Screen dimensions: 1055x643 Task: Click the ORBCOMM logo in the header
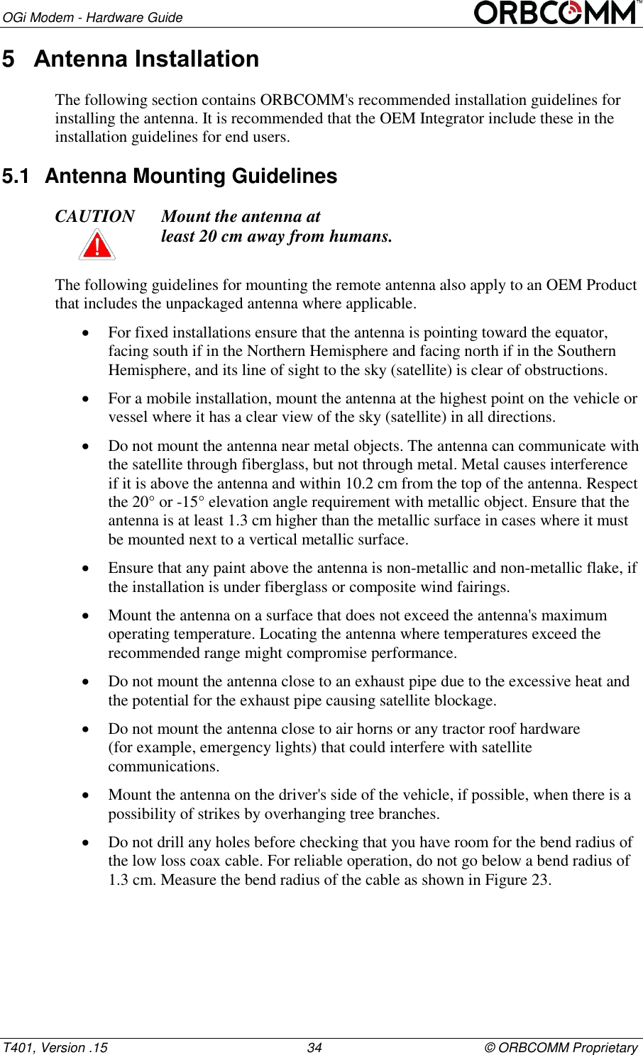click(556, 13)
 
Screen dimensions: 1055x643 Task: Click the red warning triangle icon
click(97, 245)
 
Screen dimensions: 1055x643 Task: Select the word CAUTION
click(95, 216)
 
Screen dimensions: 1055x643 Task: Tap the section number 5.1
click(16, 176)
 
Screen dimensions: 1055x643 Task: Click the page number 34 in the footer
click(314, 1047)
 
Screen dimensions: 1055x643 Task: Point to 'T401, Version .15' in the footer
click(55, 1047)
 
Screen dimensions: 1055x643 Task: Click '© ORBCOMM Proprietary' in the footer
click(561, 1047)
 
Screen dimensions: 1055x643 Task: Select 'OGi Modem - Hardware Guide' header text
click(92, 17)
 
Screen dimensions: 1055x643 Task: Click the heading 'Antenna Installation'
click(146, 59)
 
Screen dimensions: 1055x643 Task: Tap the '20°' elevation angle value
click(143, 502)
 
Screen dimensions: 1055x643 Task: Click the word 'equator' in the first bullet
click(581, 333)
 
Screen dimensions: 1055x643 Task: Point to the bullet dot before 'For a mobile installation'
click(86, 399)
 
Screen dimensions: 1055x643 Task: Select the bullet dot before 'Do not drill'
click(86, 843)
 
